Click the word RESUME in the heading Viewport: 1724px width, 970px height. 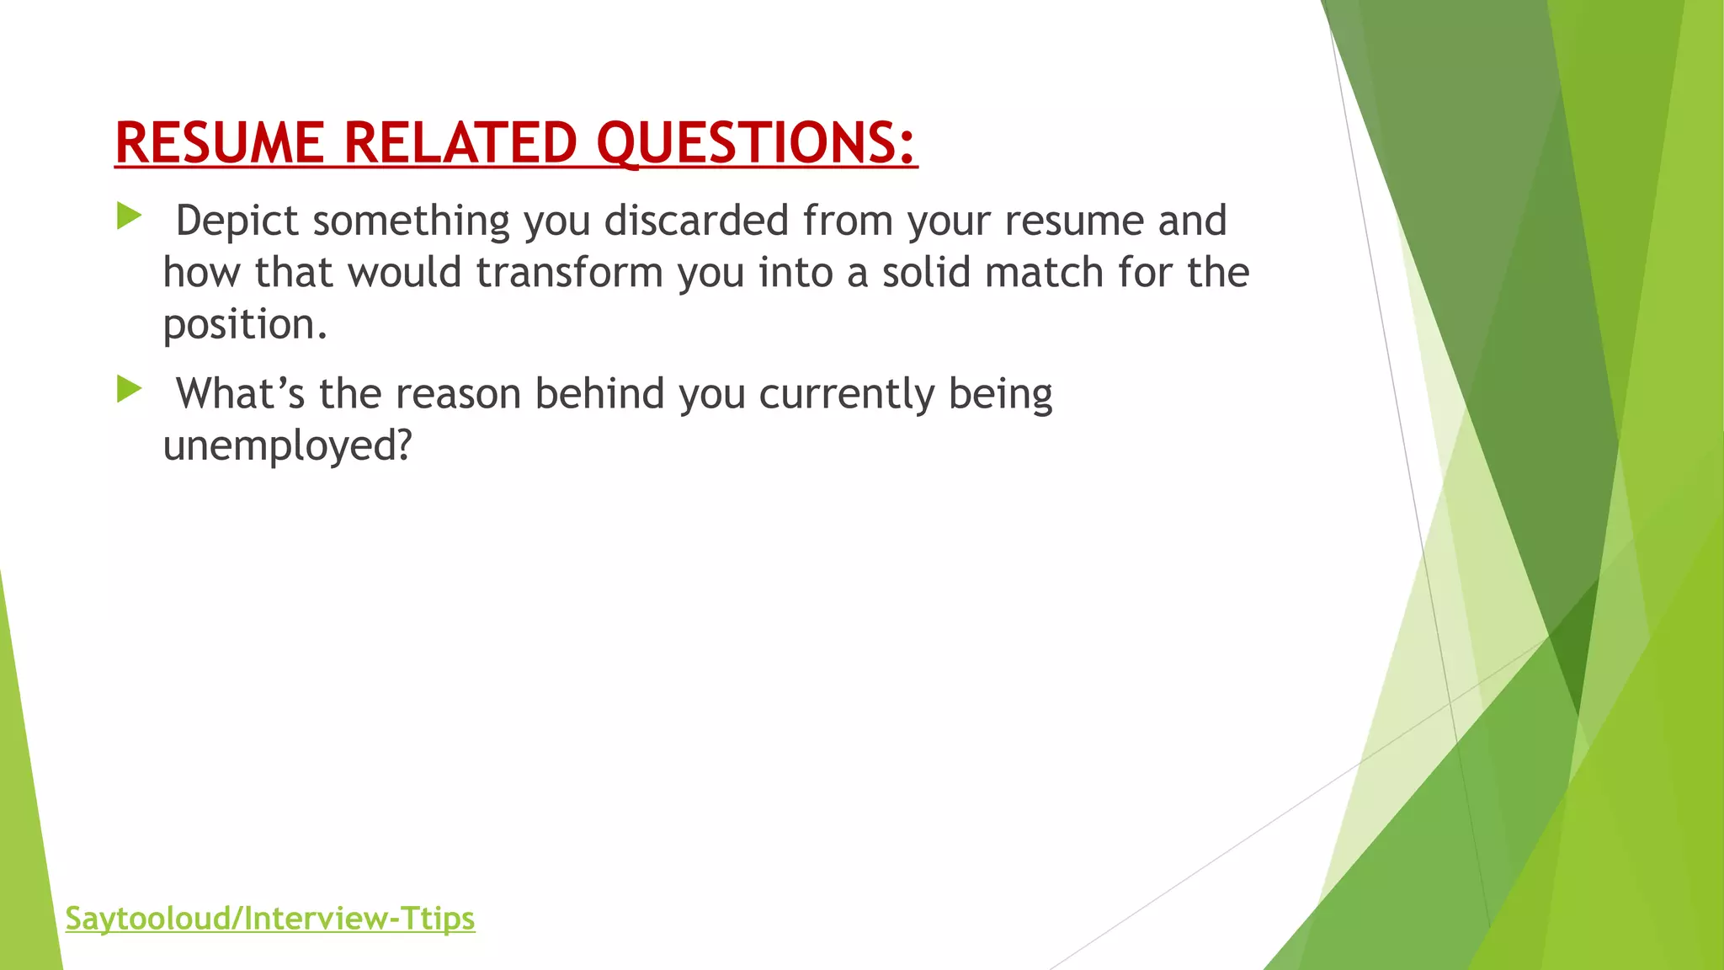click(219, 142)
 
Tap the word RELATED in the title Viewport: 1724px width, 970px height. click(460, 142)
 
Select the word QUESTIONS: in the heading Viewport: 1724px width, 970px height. click(756, 142)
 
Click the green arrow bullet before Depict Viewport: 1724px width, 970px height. click(129, 216)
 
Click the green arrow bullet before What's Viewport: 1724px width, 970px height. click(129, 389)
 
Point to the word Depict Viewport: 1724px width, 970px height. click(237, 221)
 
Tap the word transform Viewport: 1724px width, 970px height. click(570, 273)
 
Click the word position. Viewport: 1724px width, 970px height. click(244, 325)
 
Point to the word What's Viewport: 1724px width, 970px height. click(240, 394)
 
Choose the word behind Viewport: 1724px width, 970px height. click(599, 394)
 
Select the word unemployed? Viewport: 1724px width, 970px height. click(287, 446)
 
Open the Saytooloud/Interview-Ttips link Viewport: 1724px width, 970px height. click(270, 918)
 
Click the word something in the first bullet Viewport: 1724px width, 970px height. click(411, 221)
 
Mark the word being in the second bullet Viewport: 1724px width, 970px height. click(1000, 394)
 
